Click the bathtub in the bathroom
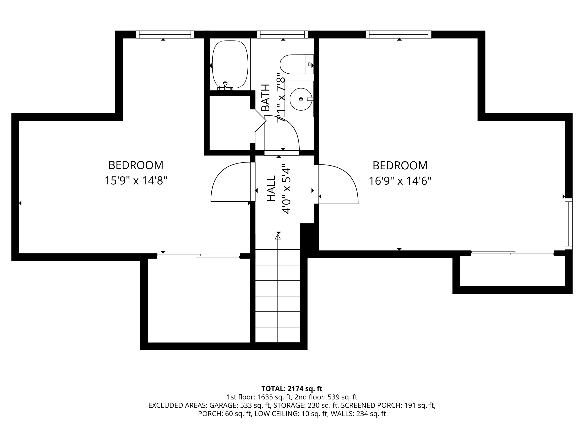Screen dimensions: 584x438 coord(230,64)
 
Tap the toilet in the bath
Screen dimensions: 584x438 coord(296,64)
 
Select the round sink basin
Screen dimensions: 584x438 coord(301,99)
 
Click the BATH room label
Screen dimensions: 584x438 coord(266,98)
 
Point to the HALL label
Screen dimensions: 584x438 coord(271,188)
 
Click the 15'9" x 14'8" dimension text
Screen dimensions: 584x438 coord(136,181)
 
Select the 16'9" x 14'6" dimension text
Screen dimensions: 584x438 coord(400,181)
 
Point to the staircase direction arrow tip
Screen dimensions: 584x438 coord(277,235)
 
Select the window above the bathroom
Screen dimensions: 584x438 coord(282,35)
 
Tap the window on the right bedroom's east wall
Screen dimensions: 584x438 coord(568,224)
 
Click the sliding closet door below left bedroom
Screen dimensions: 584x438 coord(198,256)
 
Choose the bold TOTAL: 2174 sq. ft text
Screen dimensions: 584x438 coord(292,389)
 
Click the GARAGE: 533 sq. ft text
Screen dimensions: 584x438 coord(240,405)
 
